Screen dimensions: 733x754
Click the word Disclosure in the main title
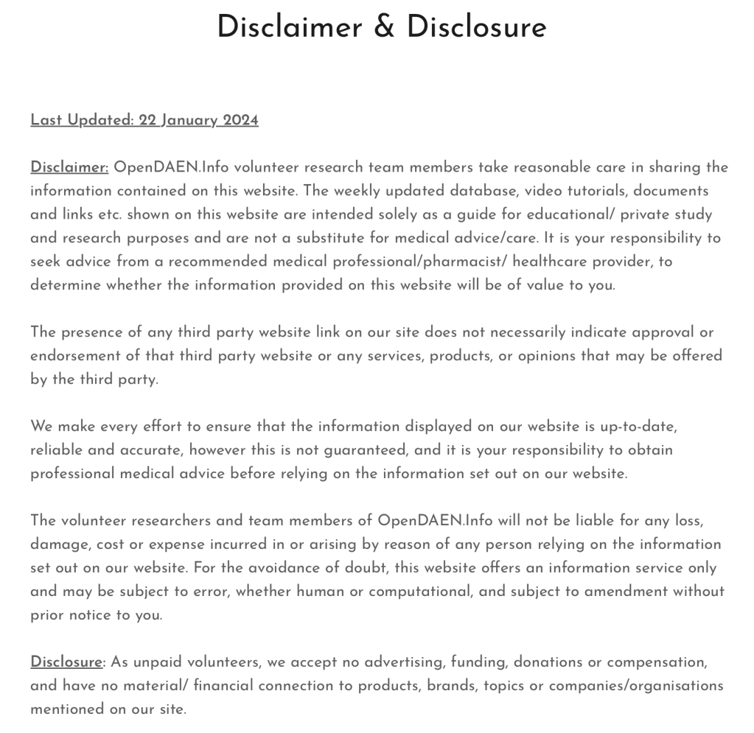click(x=476, y=28)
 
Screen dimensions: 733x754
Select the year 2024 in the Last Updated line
click(x=240, y=120)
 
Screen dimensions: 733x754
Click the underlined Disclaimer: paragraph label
click(x=69, y=167)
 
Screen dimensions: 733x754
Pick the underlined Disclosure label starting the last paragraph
click(x=66, y=662)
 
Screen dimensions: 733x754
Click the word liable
click(x=573, y=521)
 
